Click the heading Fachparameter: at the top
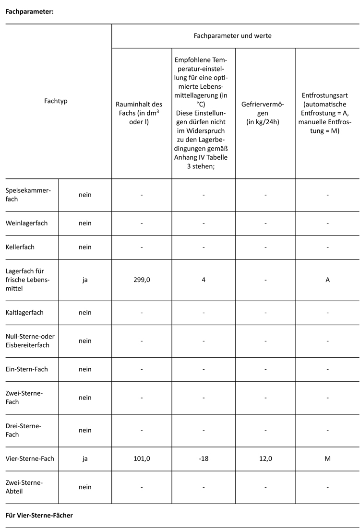coord(29,12)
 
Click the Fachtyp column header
coord(56,101)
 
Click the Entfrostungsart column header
coord(327,113)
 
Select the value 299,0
coord(142,280)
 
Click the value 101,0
coord(142,459)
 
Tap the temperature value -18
coord(204,459)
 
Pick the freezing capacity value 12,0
coord(265,459)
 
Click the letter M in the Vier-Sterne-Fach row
coord(327,459)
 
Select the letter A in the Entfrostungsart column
coord(327,280)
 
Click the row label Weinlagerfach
coord(26,223)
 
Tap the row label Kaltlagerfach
coord(24,313)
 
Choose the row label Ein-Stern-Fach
coord(26,369)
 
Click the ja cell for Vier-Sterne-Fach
coord(85,459)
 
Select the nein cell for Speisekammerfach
coord(85,195)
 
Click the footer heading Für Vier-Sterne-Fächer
coord(39,516)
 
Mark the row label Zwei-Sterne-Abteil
coord(24,487)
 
